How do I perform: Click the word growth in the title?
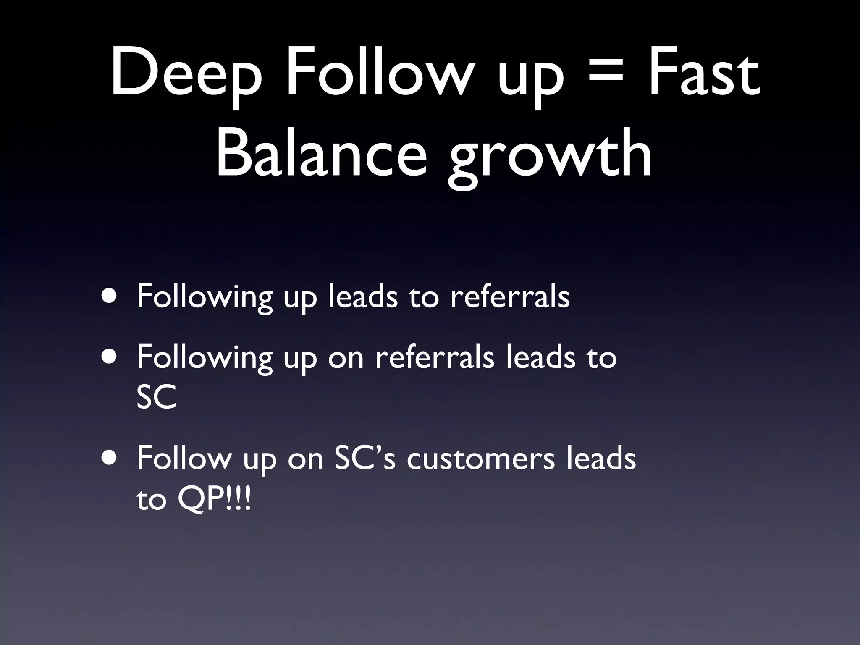550,157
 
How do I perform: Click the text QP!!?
214,500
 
